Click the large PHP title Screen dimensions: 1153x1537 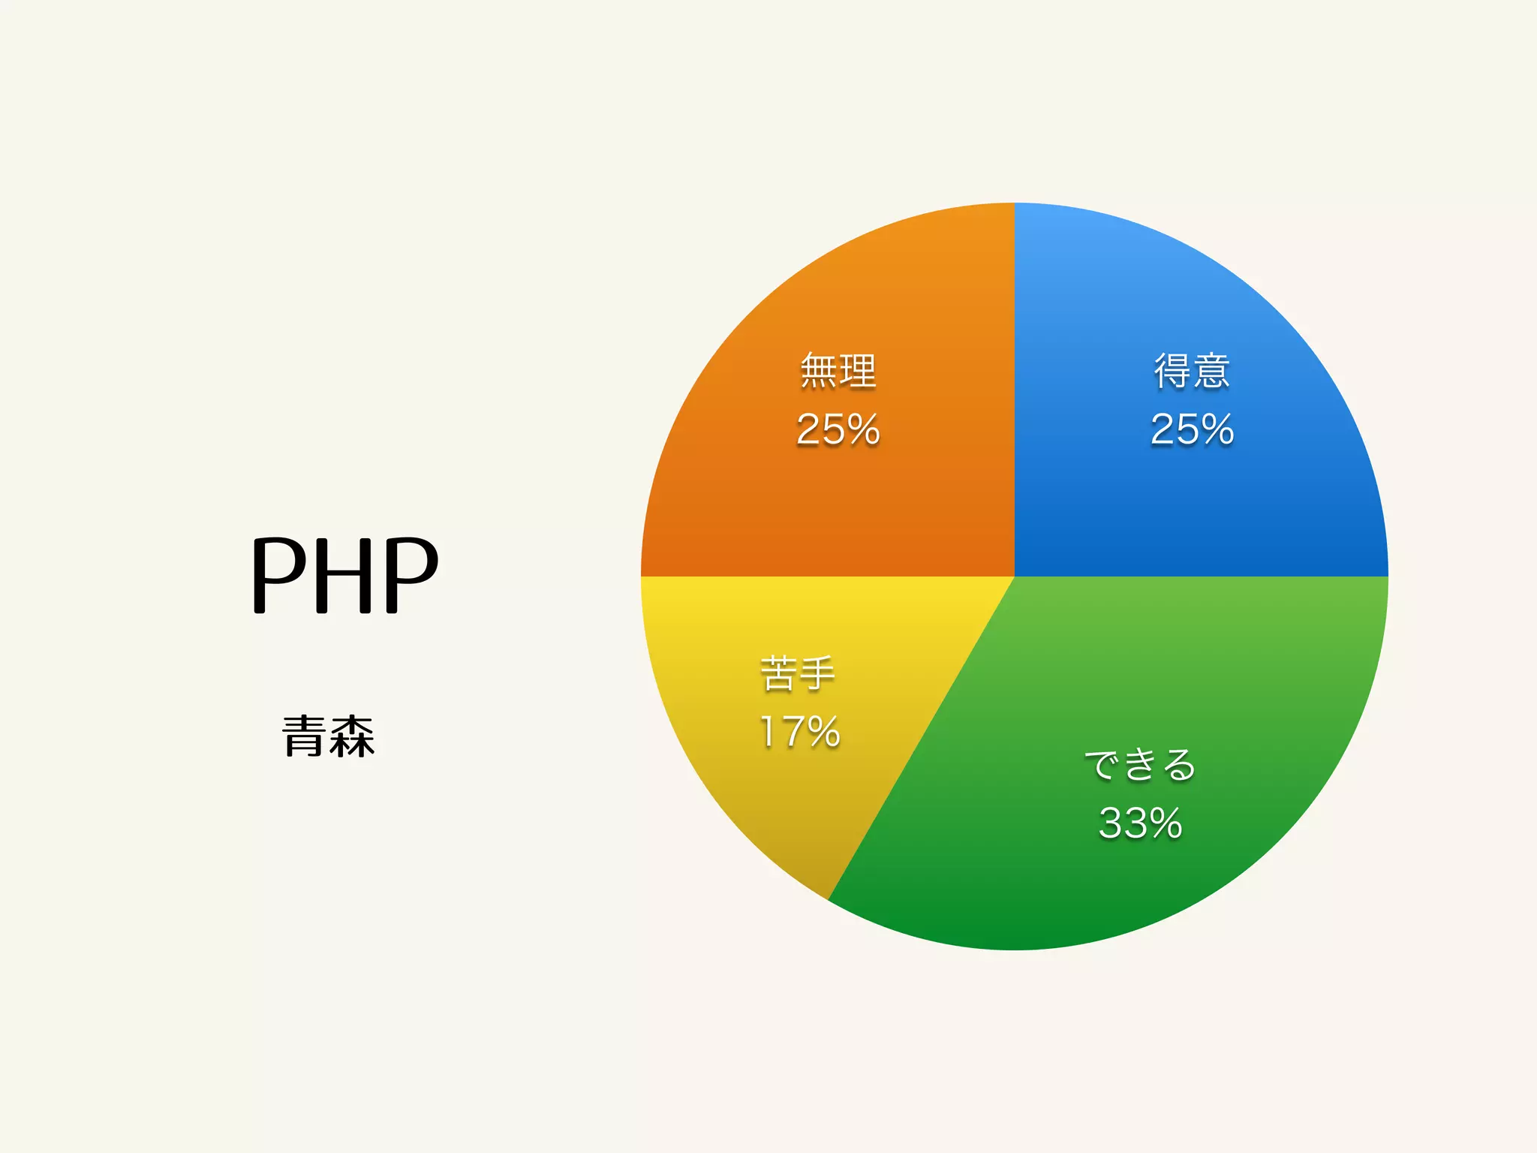coord(344,574)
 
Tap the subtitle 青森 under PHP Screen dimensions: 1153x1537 coord(328,736)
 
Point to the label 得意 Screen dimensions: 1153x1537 coord(1192,371)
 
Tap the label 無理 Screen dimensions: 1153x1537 coord(838,371)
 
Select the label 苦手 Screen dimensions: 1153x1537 coord(798,673)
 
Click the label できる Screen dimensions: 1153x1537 coord(1140,765)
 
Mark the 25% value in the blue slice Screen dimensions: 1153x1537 coord(1192,429)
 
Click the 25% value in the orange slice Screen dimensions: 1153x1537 coord(838,429)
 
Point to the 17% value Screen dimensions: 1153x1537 coord(799,732)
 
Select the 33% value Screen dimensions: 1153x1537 coord(1140,823)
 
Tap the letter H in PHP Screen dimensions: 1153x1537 coord(344,574)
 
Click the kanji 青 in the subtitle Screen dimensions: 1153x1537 coord(304,736)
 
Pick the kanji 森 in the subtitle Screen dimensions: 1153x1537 coord(352,736)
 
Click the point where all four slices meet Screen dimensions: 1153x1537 coord(1015,576)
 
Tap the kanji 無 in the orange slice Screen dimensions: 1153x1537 coord(818,371)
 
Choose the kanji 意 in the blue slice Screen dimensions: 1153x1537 coord(1211,371)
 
